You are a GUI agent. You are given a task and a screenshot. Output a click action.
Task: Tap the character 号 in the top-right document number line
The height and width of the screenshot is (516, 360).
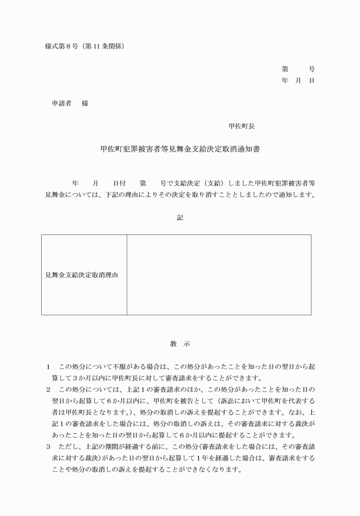click(311, 69)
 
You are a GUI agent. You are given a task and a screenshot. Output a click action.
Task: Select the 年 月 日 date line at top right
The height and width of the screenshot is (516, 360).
click(298, 81)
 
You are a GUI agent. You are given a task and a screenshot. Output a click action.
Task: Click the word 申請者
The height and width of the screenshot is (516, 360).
click(61, 103)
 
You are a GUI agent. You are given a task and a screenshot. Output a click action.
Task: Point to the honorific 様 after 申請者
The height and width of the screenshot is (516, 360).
click(85, 103)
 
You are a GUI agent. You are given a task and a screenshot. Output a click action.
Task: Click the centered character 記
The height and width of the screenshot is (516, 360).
click(180, 217)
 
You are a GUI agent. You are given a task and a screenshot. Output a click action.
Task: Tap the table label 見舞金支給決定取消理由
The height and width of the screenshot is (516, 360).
click(82, 275)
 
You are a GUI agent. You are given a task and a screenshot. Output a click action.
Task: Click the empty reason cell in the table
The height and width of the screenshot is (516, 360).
click(219, 275)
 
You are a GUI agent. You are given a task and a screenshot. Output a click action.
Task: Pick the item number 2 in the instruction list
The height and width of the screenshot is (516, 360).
click(49, 389)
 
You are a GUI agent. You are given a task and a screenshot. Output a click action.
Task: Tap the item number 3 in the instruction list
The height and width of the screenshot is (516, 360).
click(49, 446)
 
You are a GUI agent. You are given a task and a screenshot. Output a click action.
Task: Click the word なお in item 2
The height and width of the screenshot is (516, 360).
click(287, 412)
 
